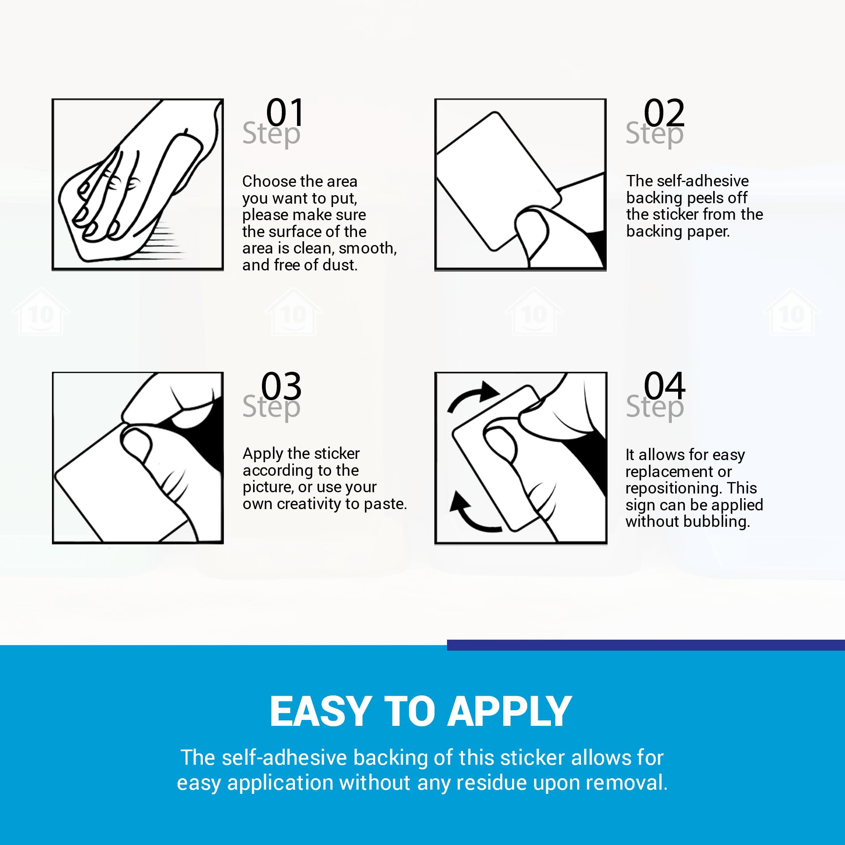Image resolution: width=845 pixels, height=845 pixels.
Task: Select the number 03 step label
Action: [x=281, y=386]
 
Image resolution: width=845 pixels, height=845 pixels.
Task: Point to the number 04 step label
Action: [x=664, y=385]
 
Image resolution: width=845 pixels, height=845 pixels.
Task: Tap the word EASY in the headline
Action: [x=321, y=711]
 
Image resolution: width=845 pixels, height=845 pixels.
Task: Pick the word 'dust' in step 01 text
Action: [x=339, y=265]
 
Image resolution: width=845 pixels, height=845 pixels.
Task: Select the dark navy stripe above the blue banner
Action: [x=646, y=645]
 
